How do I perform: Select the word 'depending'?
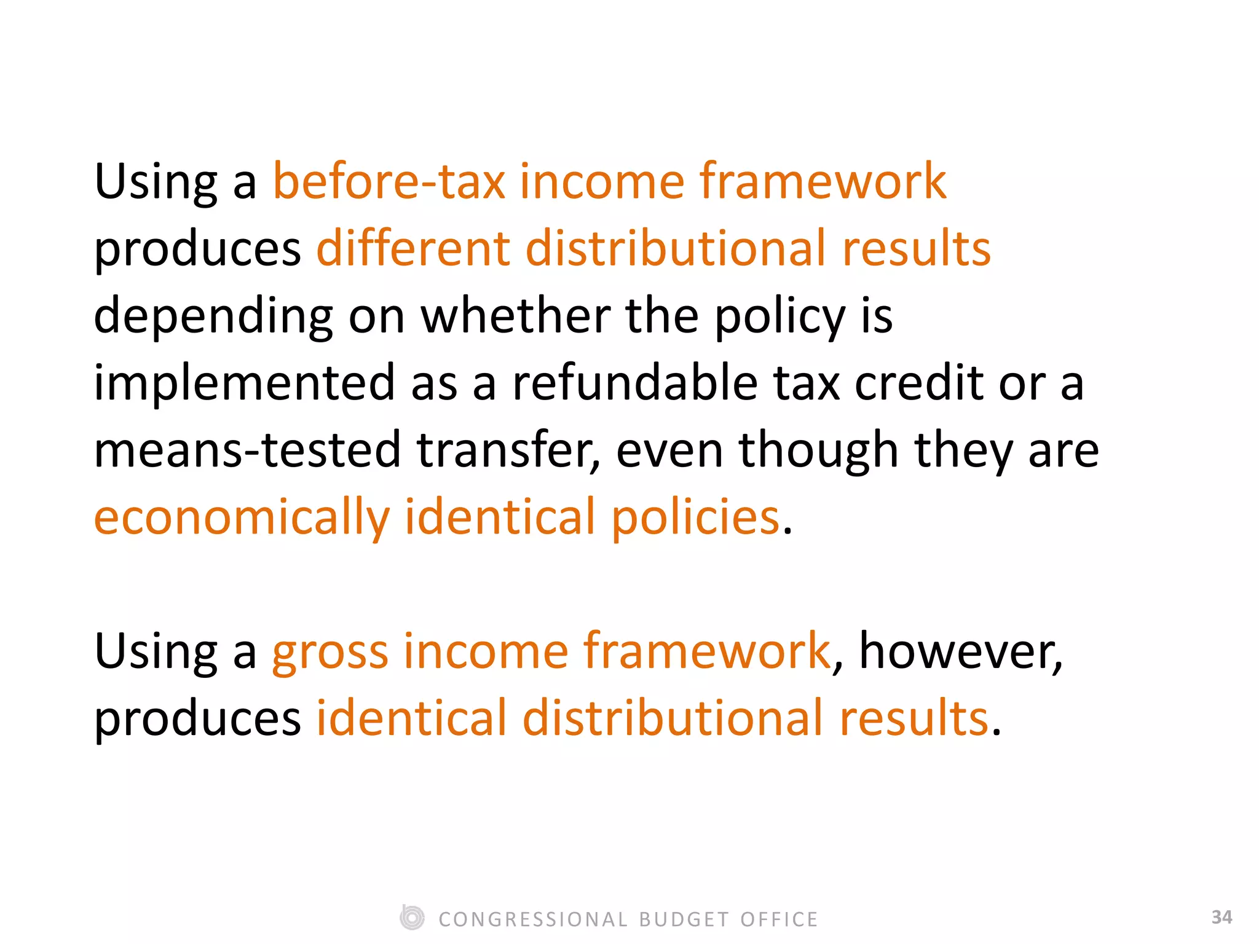click(x=213, y=316)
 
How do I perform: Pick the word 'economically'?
click(x=242, y=517)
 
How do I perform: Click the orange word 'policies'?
click(x=695, y=517)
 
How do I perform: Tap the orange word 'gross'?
click(x=330, y=651)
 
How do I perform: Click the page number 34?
click(x=1222, y=917)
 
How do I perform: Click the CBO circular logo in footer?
click(x=412, y=918)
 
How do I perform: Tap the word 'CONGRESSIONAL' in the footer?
click(x=533, y=919)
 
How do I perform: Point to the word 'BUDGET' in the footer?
click(x=684, y=919)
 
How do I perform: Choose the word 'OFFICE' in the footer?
click(x=779, y=919)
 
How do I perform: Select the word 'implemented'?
click(x=244, y=382)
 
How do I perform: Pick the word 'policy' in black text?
click(x=780, y=316)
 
